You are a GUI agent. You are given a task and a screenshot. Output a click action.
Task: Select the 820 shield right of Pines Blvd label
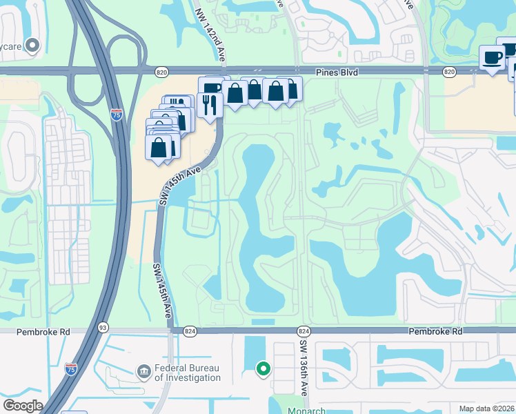pyautogui.click(x=449, y=71)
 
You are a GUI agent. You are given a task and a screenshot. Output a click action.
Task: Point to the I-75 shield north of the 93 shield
pyautogui.click(x=117, y=115)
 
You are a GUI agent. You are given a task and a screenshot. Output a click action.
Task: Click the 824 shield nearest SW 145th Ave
pyautogui.click(x=190, y=331)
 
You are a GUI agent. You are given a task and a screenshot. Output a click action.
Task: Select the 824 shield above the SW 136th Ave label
pyautogui.click(x=304, y=331)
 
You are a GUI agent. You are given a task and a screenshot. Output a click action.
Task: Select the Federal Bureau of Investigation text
pyautogui.click(x=187, y=373)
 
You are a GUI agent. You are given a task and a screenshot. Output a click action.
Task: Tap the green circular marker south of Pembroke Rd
pyautogui.click(x=263, y=369)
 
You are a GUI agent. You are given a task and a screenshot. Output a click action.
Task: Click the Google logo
pyautogui.click(x=23, y=406)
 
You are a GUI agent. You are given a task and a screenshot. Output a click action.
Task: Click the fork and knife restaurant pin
pyautogui.click(x=208, y=105)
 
